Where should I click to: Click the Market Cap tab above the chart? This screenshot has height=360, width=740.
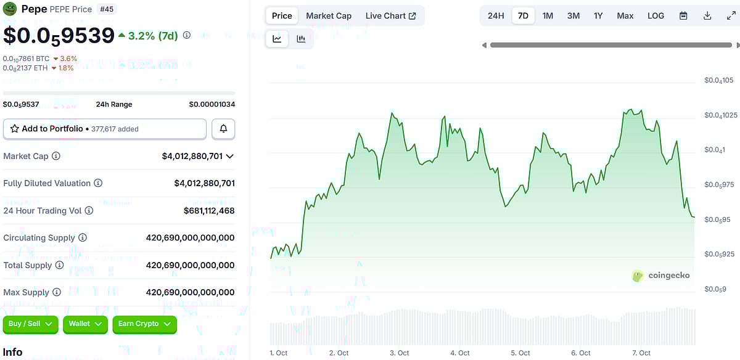pyautogui.click(x=329, y=16)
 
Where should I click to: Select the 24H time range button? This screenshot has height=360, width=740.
pyautogui.click(x=496, y=16)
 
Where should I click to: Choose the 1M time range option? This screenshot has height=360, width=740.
pyautogui.click(x=548, y=16)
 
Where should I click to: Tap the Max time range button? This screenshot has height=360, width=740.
pyautogui.click(x=625, y=16)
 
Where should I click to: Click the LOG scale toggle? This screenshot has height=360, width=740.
pyautogui.click(x=656, y=16)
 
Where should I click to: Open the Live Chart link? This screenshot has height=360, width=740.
pyautogui.click(x=390, y=16)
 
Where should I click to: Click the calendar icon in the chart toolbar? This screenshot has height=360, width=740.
pyautogui.click(x=683, y=16)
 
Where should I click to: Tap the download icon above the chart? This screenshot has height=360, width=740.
pyautogui.click(x=707, y=16)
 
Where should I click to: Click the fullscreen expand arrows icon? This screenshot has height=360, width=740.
pyautogui.click(x=731, y=16)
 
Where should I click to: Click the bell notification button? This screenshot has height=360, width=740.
pyautogui.click(x=223, y=129)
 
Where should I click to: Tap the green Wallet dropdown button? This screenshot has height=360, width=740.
pyautogui.click(x=85, y=324)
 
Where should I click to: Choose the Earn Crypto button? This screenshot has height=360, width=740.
pyautogui.click(x=144, y=324)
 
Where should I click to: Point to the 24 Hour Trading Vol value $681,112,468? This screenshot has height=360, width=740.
pyautogui.click(x=209, y=211)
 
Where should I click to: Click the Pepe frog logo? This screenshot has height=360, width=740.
pyautogui.click(x=10, y=9)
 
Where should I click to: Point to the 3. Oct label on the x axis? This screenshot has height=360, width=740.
pyautogui.click(x=399, y=353)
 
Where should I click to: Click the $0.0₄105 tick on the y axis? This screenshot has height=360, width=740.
pyautogui.click(x=718, y=80)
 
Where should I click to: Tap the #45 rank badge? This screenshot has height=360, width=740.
pyautogui.click(x=107, y=9)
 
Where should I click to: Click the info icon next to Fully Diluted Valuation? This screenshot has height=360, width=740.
pyautogui.click(x=98, y=183)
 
